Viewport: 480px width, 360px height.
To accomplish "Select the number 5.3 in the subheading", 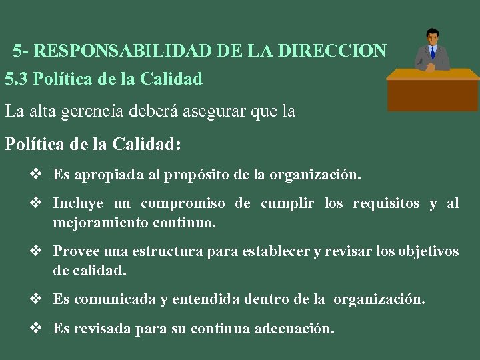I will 16,79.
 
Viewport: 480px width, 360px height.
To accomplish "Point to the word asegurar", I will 213,111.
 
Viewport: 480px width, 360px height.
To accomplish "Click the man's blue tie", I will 433,53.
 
